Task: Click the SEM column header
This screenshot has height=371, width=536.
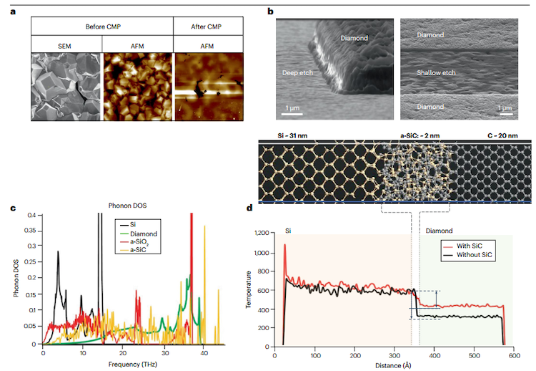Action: (x=66, y=44)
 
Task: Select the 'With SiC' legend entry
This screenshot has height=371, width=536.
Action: (x=475, y=245)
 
